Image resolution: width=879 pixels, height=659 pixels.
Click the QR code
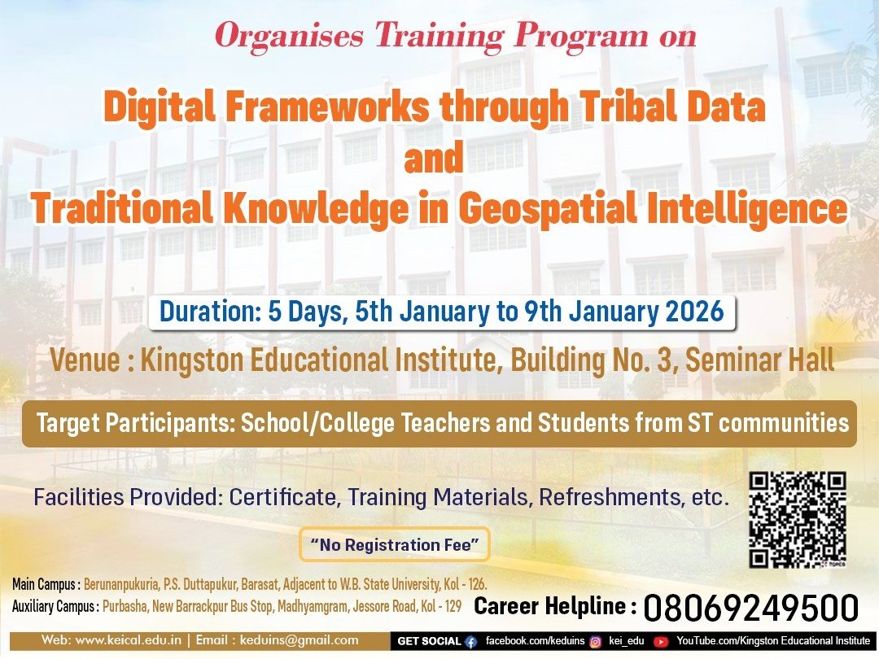pos(797,519)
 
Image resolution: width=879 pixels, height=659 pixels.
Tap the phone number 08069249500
pos(750,608)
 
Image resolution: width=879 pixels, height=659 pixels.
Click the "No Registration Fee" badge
pos(395,544)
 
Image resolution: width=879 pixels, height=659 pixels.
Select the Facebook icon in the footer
pos(471,642)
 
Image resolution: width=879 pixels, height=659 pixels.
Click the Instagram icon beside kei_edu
pos(596,642)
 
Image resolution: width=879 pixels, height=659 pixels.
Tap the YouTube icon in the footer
pos(661,642)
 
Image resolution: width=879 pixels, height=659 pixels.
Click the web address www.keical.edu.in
pos(128,640)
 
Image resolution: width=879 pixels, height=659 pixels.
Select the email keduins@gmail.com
pos(300,640)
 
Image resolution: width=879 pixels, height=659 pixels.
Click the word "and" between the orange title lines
pos(434,158)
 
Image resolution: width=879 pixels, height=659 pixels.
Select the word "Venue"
pos(85,360)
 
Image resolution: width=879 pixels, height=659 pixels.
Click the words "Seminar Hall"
pos(760,360)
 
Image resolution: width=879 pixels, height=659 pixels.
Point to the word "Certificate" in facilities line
pos(283,496)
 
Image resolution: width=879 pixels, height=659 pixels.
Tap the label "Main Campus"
pos(44,584)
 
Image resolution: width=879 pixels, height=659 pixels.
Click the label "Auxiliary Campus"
pos(54,606)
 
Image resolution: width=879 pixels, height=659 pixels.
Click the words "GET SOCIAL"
pos(429,641)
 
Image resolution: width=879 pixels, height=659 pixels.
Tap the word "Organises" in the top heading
pos(289,35)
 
